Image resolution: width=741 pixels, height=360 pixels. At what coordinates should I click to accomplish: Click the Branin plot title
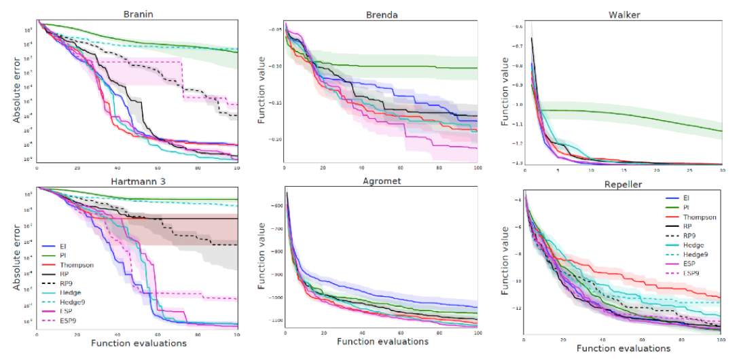coord(137,14)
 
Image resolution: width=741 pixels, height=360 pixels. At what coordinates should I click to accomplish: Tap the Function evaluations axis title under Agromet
coord(382,341)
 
